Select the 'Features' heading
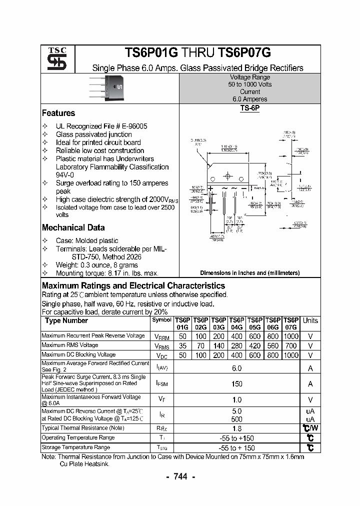pyautogui.click(x=58, y=113)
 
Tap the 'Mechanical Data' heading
pyautogui.click(x=73, y=227)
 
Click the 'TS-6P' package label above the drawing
pyautogui.click(x=249, y=107)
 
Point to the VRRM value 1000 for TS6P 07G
pyautogui.click(x=291, y=336)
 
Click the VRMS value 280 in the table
pyautogui.click(x=236, y=345)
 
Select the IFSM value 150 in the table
pyautogui.click(x=236, y=384)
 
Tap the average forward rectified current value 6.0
pyautogui.click(x=236, y=368)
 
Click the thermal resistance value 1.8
pyautogui.click(x=236, y=428)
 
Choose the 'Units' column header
pyautogui.click(x=310, y=320)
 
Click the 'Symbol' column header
pyautogui.click(x=161, y=319)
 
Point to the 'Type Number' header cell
pyautogui.click(x=66, y=320)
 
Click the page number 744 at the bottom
pyautogui.click(x=180, y=477)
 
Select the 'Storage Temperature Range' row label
pyautogui.click(x=75, y=447)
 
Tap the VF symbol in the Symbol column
pyautogui.click(x=161, y=399)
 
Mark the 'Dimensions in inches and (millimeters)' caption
pyautogui.click(x=249, y=273)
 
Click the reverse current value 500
pyautogui.click(x=236, y=419)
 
